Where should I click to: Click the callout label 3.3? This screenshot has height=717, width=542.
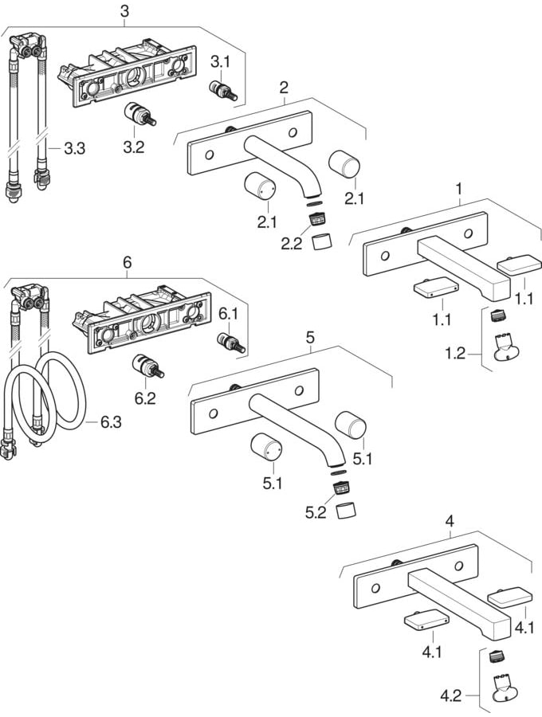click(x=74, y=148)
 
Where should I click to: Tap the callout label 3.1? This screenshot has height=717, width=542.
click(x=219, y=61)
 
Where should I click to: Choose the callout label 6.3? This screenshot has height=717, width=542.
click(x=111, y=421)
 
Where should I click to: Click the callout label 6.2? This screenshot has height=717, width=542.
click(x=145, y=398)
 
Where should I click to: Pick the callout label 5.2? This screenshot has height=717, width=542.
click(x=315, y=514)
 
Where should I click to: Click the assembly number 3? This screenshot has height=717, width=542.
click(x=124, y=10)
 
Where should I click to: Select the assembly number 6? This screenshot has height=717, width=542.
click(x=127, y=262)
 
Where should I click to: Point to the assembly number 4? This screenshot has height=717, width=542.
click(x=450, y=522)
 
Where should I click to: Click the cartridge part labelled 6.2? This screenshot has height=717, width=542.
click(x=147, y=367)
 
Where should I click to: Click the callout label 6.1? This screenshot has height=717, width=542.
click(x=230, y=313)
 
